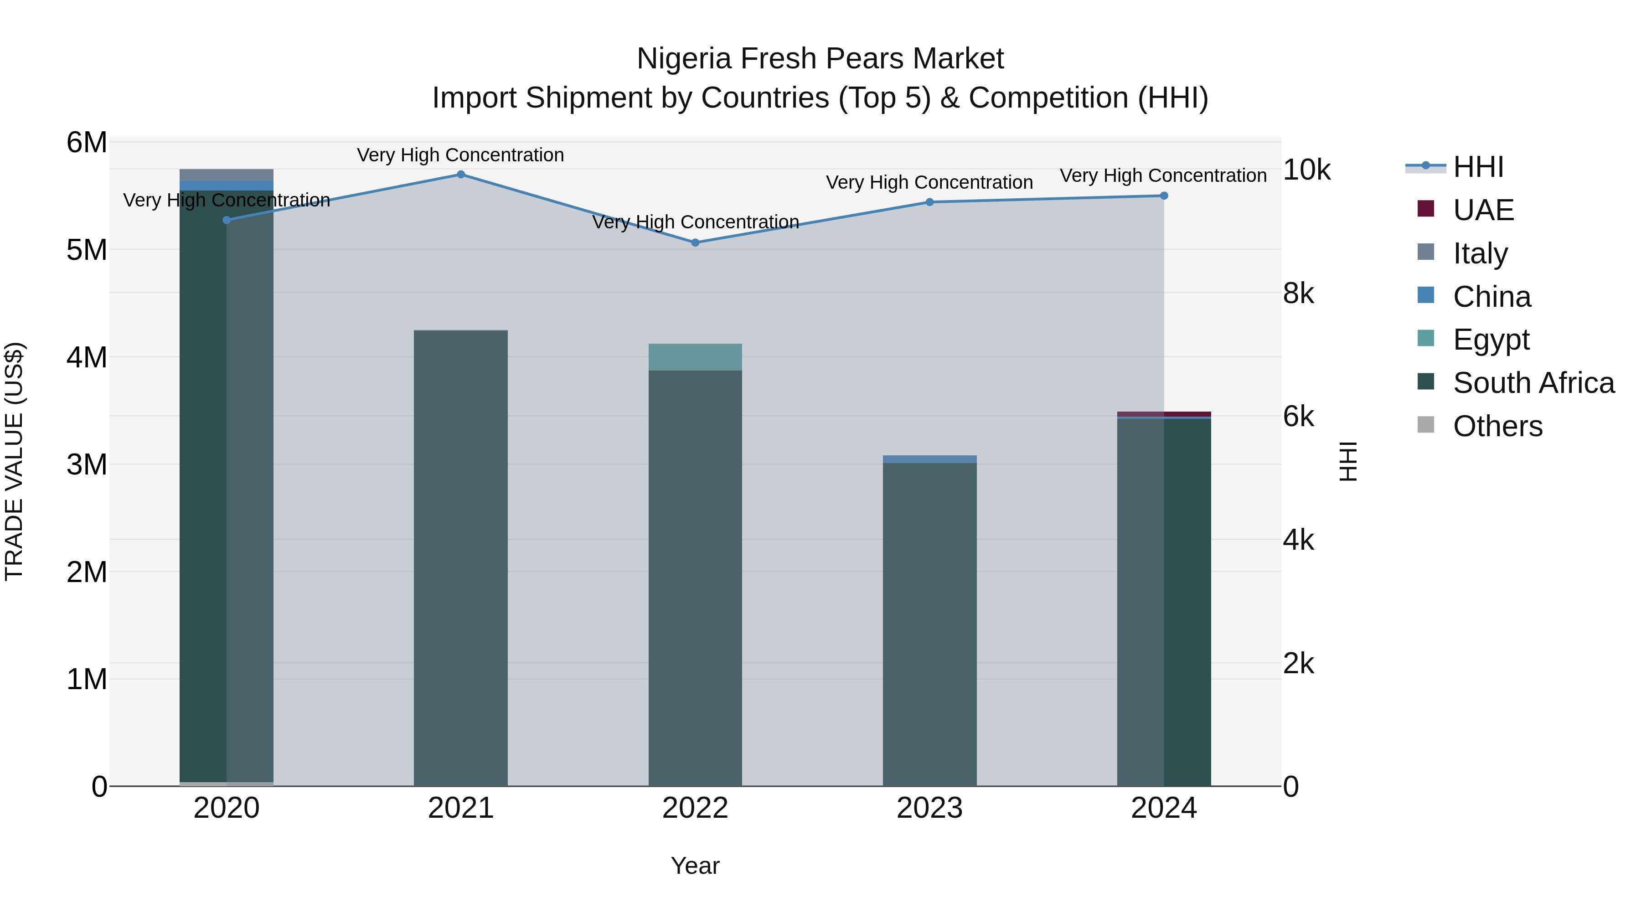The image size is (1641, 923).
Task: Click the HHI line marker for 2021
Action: point(460,175)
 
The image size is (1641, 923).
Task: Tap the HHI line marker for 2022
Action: point(695,242)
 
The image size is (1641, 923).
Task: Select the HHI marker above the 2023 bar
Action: point(929,202)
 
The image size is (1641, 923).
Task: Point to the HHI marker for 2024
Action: point(1164,196)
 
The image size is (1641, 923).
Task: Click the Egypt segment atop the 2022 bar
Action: point(695,357)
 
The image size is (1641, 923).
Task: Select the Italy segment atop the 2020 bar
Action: point(226,175)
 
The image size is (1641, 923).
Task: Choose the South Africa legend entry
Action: point(1533,383)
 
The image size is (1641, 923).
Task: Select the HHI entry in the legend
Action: point(1478,167)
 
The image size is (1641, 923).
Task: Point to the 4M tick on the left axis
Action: point(87,357)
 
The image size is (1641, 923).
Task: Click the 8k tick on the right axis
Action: point(1298,294)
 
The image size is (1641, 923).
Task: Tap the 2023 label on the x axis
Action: point(929,808)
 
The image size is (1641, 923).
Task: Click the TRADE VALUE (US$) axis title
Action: point(14,461)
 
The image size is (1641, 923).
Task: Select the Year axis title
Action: point(695,866)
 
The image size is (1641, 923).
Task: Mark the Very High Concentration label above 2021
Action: point(460,155)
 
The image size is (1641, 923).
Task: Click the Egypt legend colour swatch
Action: point(1426,338)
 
